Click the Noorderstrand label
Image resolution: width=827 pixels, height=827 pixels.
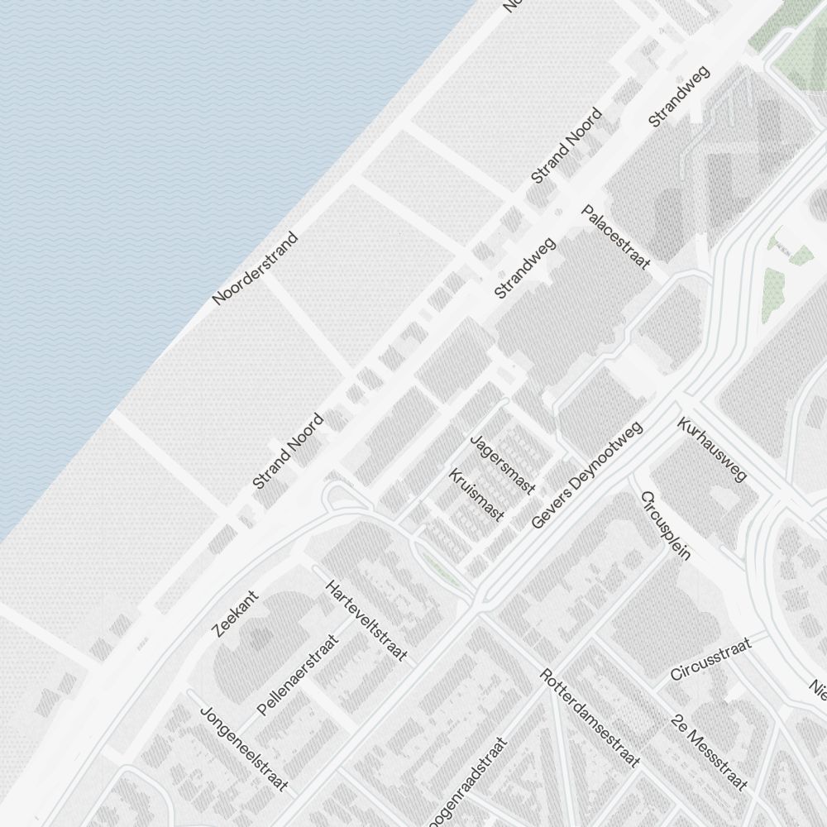(255, 269)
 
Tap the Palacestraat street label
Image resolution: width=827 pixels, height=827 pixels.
(615, 237)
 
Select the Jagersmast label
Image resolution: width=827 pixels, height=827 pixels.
(502, 465)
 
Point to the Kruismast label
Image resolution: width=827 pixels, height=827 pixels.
(476, 495)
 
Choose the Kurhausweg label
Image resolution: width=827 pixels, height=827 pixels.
(711, 450)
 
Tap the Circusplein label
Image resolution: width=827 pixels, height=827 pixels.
(665, 526)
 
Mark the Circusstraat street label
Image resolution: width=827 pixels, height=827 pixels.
(710, 659)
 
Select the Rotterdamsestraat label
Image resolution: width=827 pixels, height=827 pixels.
(590, 717)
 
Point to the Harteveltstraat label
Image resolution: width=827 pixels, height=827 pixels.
(366, 620)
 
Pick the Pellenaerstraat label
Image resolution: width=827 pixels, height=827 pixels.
(298, 674)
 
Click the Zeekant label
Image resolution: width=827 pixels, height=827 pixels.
(236, 614)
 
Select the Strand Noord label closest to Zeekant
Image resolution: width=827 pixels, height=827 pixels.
(288, 451)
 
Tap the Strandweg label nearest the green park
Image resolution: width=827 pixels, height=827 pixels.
(680, 97)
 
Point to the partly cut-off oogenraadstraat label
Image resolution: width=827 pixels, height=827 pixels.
(467, 782)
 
